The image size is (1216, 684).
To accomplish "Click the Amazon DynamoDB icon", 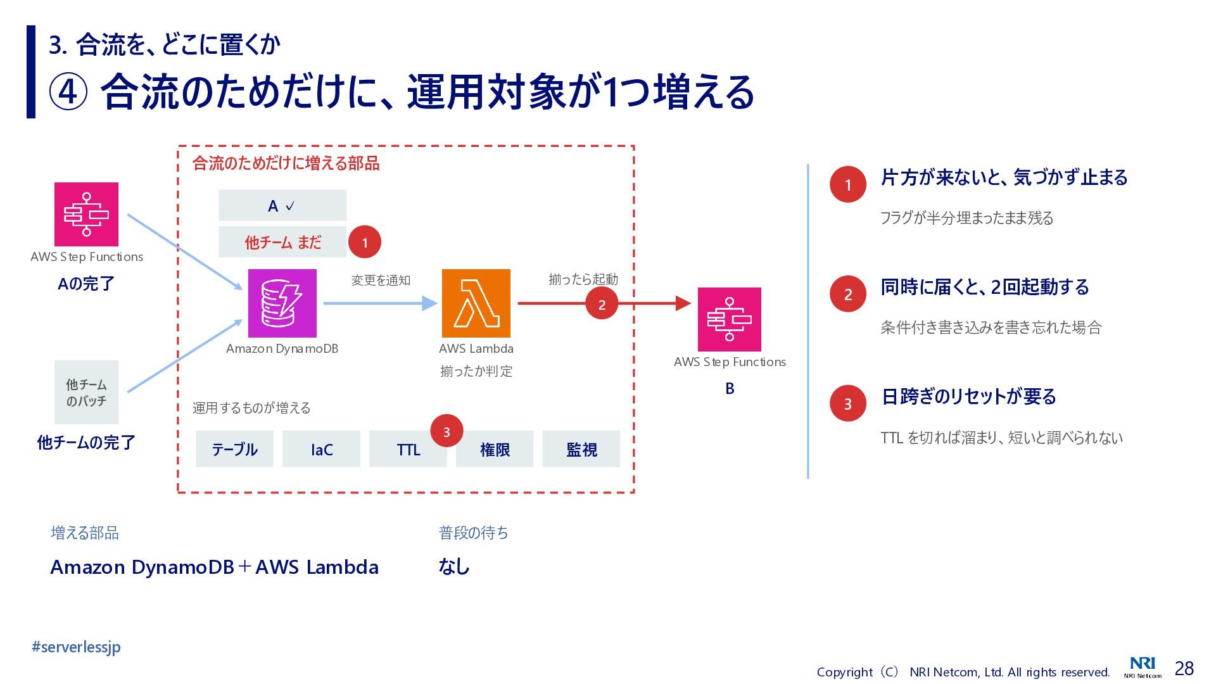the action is (282, 303).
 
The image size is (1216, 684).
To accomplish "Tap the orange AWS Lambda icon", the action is (476, 303).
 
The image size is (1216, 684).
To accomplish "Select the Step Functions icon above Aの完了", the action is (86, 214).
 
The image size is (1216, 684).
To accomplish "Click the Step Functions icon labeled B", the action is (729, 319).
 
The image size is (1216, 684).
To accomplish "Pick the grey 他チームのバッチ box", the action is (86, 392).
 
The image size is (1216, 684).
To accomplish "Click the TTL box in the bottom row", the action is (408, 449).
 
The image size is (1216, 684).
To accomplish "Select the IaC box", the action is (321, 449).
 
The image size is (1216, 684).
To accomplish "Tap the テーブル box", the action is (234, 449).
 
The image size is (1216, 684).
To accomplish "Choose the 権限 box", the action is (495, 449).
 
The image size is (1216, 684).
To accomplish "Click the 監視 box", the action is (581, 449).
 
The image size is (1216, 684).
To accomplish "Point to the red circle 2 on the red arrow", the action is (602, 304).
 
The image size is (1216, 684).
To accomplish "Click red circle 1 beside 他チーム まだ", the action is (364, 242).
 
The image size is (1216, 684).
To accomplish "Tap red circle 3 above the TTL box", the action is (446, 431).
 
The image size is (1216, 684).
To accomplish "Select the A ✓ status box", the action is (282, 205).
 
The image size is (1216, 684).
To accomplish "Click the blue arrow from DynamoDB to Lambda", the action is (380, 303).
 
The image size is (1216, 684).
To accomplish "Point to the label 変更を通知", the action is (381, 280).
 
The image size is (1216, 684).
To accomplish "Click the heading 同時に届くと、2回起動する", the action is (985, 287).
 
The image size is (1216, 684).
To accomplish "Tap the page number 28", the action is (1184, 668).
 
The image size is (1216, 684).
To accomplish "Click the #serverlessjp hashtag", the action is (76, 647).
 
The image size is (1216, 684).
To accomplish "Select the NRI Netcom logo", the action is (1143, 667).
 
